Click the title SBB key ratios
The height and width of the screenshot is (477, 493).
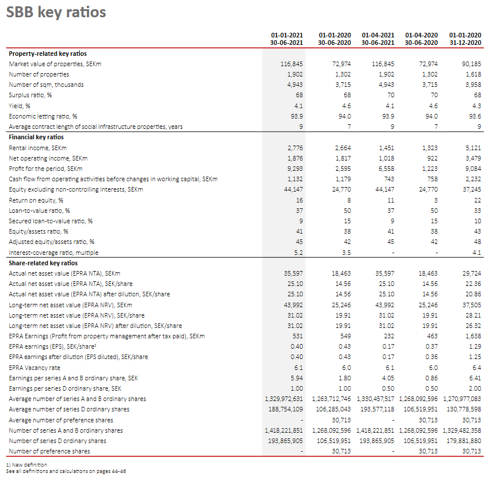click(x=56, y=12)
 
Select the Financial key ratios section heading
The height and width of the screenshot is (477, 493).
click(x=36, y=137)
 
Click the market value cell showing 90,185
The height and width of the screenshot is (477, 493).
click(x=471, y=64)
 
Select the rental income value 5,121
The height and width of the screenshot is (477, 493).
click(x=473, y=148)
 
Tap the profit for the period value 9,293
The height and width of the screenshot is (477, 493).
click(x=295, y=169)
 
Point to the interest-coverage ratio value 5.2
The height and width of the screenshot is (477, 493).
click(x=298, y=252)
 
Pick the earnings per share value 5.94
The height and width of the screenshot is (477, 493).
click(x=296, y=377)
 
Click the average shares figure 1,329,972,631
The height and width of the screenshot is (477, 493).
click(x=284, y=399)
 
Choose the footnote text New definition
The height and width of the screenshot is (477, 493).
click(x=27, y=464)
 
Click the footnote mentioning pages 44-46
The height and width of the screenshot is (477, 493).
click(x=66, y=471)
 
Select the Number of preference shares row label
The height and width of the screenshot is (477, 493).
click(x=49, y=451)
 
